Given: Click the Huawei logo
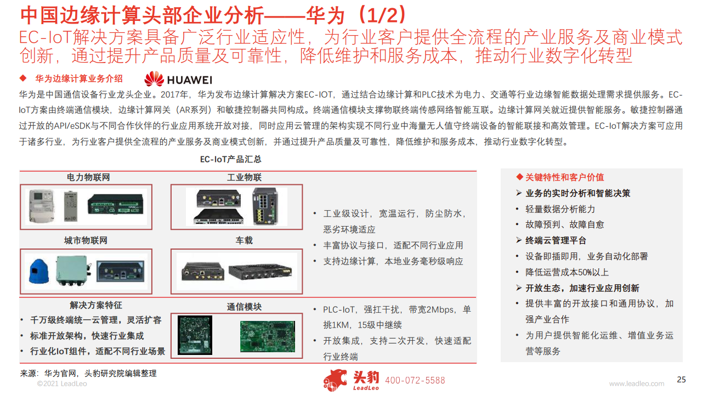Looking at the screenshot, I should (178, 79).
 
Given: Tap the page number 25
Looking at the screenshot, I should (682, 380).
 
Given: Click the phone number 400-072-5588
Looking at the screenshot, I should (415, 381).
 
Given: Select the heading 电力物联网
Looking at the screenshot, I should (88, 178).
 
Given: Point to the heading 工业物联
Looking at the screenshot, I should (244, 178).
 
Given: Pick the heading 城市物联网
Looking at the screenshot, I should (86, 241).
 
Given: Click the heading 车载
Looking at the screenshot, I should (244, 241).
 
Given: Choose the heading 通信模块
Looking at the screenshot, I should (244, 307).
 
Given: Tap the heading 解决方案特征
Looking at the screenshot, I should (96, 305).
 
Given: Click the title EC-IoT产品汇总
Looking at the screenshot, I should (230, 160).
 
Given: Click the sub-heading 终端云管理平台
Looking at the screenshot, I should (556, 240).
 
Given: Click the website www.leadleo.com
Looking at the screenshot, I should (636, 383).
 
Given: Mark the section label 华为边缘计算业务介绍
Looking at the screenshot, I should (78, 78).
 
